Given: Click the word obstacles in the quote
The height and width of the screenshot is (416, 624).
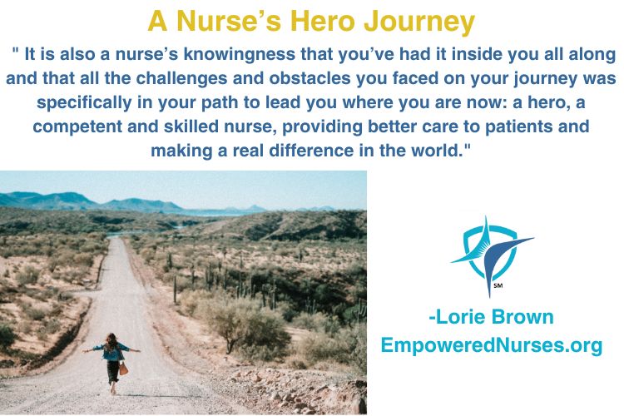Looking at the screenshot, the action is (x=310, y=78).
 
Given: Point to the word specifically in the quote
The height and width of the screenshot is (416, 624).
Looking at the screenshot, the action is (x=84, y=103).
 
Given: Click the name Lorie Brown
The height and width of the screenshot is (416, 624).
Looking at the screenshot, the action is (x=492, y=317).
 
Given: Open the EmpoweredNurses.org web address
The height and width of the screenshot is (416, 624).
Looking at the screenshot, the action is (x=492, y=344).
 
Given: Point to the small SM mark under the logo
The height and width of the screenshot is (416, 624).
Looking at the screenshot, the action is (x=498, y=285).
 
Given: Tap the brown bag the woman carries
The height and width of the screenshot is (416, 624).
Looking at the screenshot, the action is (x=123, y=369).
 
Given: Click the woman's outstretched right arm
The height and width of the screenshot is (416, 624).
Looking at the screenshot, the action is (x=132, y=349).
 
